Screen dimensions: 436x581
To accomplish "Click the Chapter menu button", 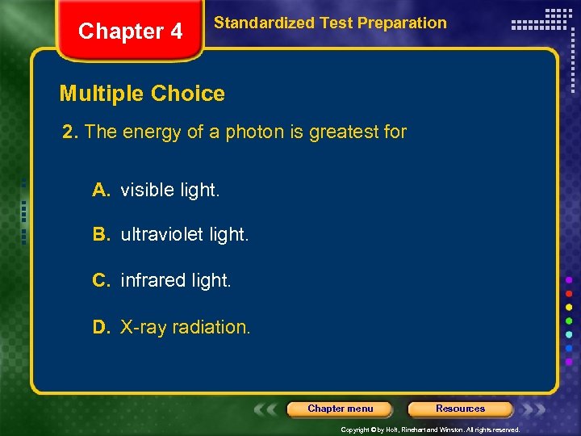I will point(340,409).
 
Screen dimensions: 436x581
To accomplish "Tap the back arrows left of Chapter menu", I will point(267,409).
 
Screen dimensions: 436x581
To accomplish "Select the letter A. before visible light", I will point(101,190).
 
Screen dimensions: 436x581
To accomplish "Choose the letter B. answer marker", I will point(101,235).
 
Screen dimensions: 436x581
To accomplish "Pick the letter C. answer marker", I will point(101,280).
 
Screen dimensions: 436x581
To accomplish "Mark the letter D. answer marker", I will point(101,327).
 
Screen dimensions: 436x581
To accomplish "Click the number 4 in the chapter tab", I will point(175,32).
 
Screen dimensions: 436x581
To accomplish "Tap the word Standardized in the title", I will point(263,23).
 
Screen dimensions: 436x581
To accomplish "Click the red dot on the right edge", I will point(569,293).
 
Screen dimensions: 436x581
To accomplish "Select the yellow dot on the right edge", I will point(569,307).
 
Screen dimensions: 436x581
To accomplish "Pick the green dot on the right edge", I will point(569,321).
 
